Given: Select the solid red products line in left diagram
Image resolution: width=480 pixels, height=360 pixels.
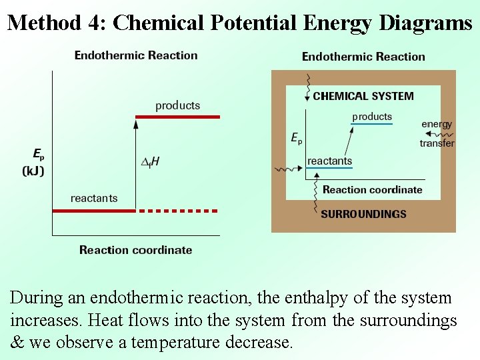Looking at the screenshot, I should (177, 117).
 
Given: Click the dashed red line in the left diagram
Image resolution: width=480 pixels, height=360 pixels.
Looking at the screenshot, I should (179, 211).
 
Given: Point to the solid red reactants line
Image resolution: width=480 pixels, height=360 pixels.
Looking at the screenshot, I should (94, 211).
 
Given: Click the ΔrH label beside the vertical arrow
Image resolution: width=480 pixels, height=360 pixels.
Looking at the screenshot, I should (151, 161).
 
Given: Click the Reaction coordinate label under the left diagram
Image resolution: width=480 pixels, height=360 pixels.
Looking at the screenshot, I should (135, 250).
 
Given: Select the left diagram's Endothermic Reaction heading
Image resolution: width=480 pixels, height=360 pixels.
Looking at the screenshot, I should (136, 55).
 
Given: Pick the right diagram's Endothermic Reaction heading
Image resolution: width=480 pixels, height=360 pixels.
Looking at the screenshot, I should (363, 57).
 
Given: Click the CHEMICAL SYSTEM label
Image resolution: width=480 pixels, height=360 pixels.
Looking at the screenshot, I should (363, 96).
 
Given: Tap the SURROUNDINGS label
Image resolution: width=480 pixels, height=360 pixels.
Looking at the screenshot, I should (363, 214).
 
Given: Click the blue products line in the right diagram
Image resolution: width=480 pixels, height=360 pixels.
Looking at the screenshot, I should (371, 124).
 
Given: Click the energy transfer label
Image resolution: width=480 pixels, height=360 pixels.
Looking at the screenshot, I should (437, 133).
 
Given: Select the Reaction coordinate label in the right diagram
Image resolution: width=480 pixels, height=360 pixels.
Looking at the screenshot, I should (372, 189).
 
